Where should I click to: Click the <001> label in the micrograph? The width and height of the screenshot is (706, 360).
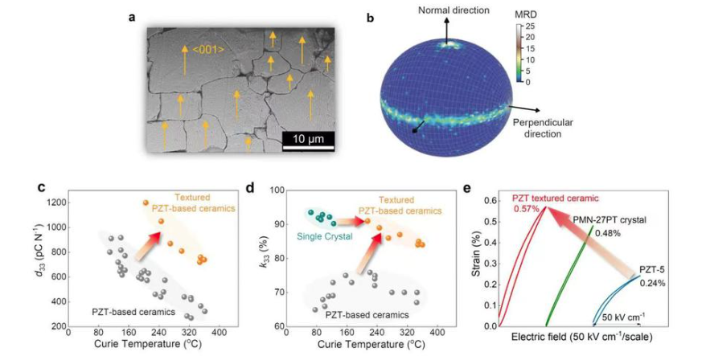(x=207, y=51)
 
